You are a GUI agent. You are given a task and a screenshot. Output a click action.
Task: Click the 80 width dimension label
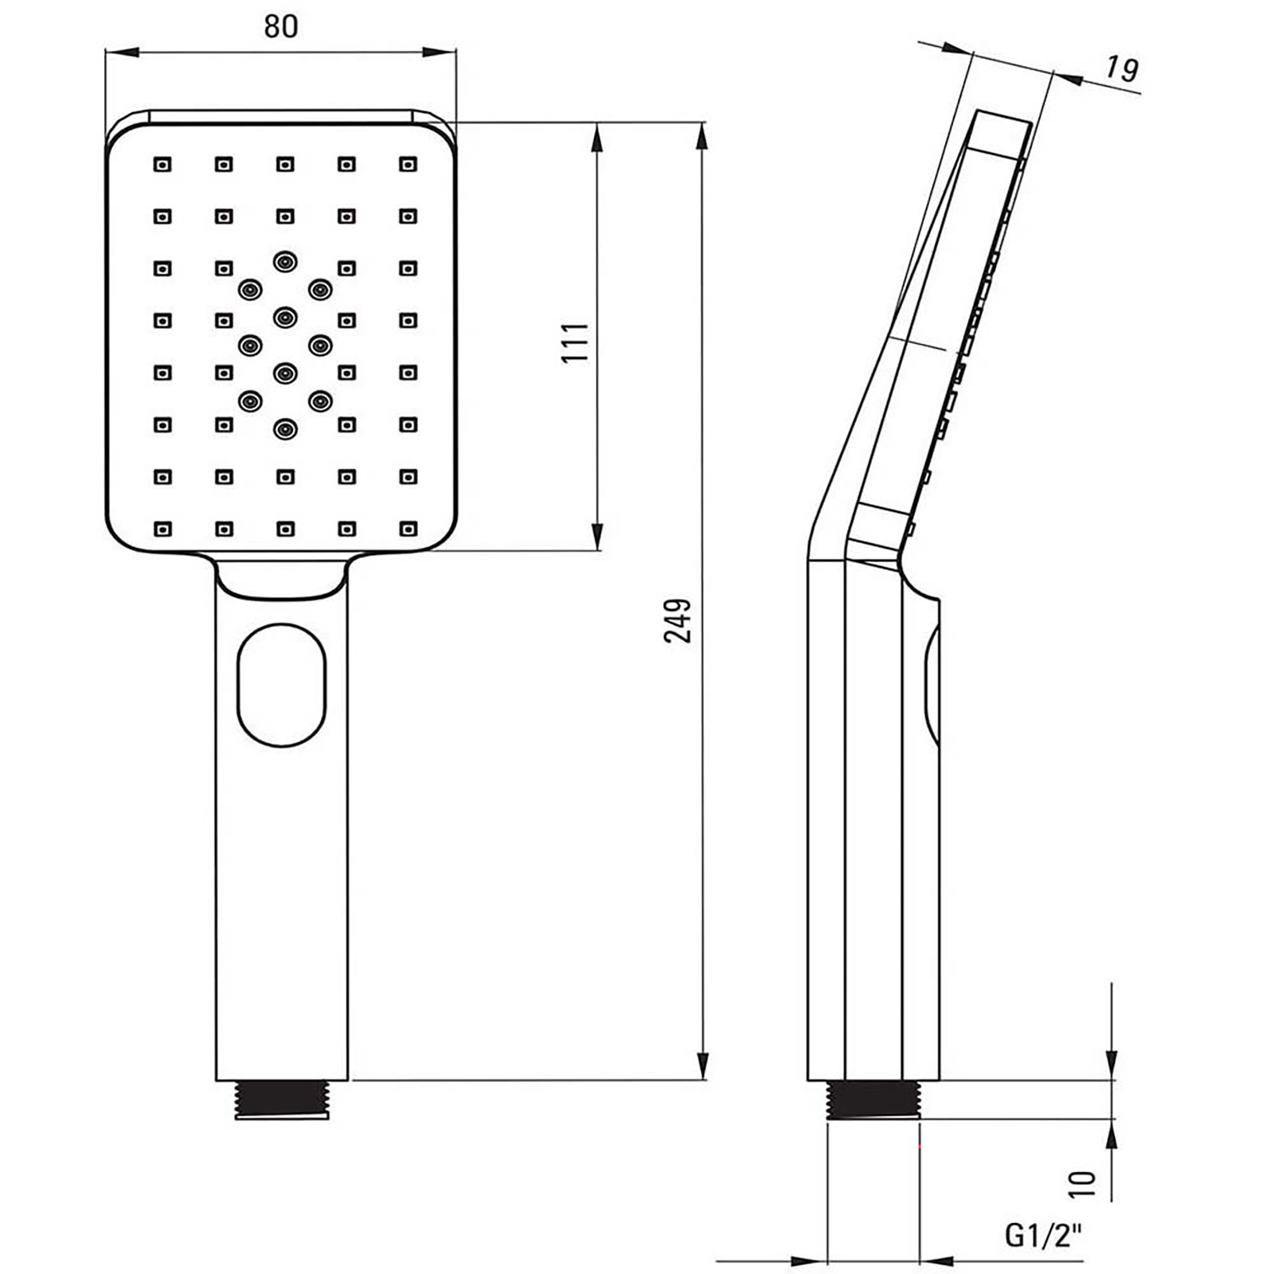pos(280,26)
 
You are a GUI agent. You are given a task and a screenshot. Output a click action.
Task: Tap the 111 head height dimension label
pos(576,342)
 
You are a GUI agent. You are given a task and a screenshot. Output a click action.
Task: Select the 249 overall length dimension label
pos(678,620)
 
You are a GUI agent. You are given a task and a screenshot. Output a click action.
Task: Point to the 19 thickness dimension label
pos(1122,69)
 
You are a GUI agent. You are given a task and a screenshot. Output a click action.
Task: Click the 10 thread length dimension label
pos(1082,1184)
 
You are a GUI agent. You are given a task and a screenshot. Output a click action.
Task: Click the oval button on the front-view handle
pos(282,685)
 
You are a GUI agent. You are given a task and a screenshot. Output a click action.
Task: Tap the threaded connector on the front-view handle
pos(282,1100)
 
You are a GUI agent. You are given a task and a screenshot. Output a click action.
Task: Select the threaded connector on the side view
pos(873,1100)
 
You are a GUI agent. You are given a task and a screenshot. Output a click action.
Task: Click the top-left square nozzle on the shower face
pos(162,165)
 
